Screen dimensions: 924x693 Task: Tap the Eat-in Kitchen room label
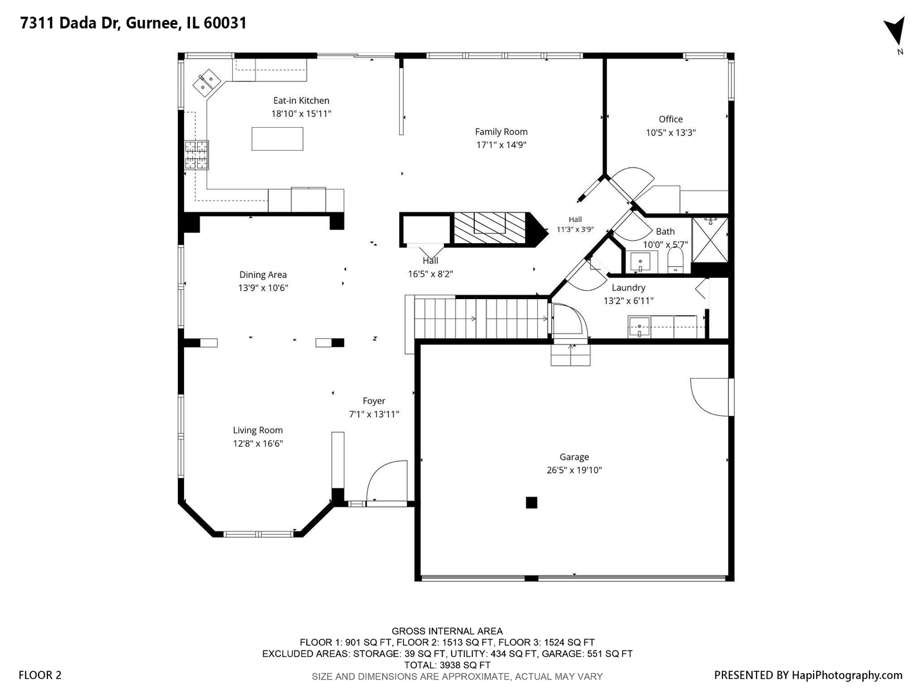(301, 101)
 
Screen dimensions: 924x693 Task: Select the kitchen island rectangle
(277, 139)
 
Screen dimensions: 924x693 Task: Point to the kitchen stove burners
(196, 155)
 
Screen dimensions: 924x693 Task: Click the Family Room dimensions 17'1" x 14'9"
(501, 145)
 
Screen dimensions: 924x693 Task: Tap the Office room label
(671, 119)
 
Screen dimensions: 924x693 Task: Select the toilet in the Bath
(675, 261)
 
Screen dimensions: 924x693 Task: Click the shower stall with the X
(710, 240)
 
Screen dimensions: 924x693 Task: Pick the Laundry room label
(628, 288)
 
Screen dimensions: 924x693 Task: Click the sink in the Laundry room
(639, 327)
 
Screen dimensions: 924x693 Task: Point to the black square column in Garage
(531, 503)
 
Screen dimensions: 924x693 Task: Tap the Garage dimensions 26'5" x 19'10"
(574, 470)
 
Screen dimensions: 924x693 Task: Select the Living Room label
(257, 431)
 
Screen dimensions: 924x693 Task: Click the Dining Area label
(262, 275)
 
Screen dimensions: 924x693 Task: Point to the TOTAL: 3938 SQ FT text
(447, 665)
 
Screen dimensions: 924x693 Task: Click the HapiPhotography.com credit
(847, 675)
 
